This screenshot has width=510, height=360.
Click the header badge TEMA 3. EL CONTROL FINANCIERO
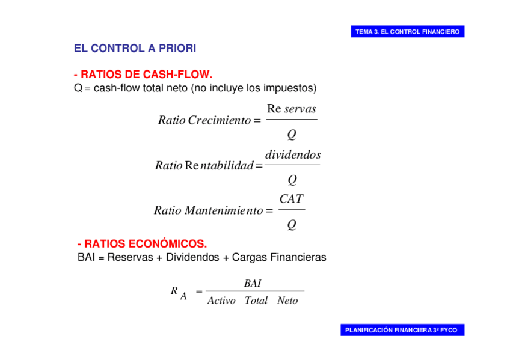407,32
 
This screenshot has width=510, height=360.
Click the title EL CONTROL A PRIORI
135,48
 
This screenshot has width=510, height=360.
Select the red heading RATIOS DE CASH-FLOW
143,75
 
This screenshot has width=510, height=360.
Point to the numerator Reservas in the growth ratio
292,109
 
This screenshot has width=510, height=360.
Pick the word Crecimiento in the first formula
219,120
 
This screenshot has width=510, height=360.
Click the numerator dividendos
293,155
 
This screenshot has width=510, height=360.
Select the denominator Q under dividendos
292,179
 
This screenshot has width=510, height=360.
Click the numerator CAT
292,199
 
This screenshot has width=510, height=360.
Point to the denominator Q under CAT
292,225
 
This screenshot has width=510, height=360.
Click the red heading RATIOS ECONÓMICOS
142,244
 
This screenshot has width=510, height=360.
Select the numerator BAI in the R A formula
253,283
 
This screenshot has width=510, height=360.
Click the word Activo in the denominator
221,301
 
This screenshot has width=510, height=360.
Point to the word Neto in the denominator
287,301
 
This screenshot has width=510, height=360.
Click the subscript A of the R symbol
183,296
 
